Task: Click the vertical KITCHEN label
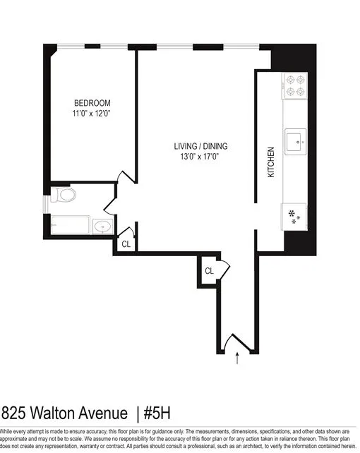point(270,162)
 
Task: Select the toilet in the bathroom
point(64,196)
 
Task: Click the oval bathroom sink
point(103,226)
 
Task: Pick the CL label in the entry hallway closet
point(210,271)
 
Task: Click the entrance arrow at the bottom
point(236,358)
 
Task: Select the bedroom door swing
point(124,179)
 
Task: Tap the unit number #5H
point(158,412)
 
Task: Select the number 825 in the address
point(12,412)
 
